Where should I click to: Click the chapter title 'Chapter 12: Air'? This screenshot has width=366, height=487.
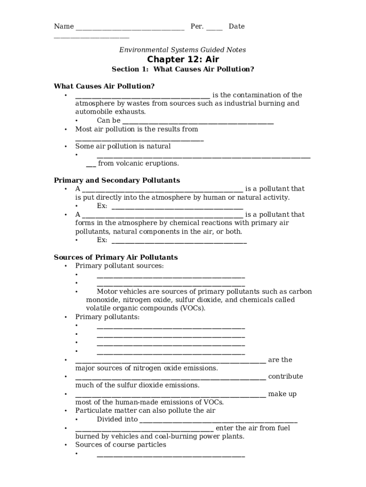point(183,59)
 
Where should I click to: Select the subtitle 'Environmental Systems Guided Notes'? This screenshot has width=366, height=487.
point(183,49)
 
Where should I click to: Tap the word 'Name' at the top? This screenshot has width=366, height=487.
point(64,27)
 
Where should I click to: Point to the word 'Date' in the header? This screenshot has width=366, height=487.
point(236,27)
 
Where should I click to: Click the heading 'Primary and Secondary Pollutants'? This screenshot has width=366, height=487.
point(117,180)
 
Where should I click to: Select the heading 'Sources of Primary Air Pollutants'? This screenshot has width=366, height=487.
point(116,257)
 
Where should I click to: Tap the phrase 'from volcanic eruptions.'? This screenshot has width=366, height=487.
point(138,164)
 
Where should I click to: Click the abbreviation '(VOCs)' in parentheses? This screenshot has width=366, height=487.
point(193,308)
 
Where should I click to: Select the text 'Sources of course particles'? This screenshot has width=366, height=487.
point(121,445)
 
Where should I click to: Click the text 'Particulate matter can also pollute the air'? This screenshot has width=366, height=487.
point(145,410)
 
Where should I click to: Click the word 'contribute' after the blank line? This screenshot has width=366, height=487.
point(285,376)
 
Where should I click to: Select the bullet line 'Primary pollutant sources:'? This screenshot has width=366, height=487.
point(119,265)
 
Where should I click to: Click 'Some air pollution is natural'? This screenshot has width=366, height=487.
point(123,146)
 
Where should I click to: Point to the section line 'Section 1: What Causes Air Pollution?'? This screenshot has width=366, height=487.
point(183,69)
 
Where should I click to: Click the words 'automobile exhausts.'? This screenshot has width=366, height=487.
point(110,112)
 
